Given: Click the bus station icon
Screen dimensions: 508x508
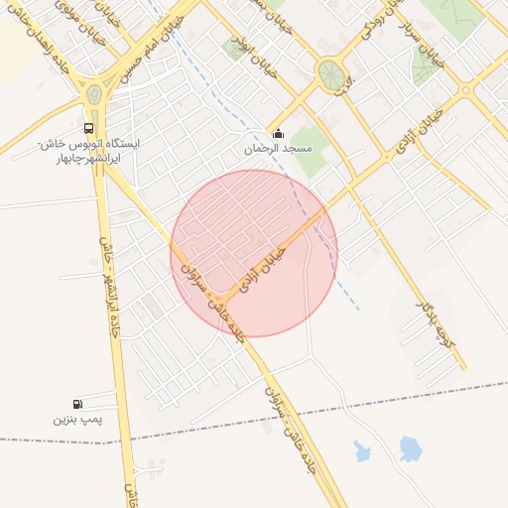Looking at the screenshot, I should coord(90,129).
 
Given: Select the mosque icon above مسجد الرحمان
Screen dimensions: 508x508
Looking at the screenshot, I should coord(278,134).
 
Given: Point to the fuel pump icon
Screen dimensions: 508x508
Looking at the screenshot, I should coord(78,404).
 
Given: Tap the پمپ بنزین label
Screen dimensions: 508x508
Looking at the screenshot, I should coord(78,420).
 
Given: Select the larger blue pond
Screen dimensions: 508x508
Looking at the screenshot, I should coord(410,448).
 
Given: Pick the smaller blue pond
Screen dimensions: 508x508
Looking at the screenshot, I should coord(362,452).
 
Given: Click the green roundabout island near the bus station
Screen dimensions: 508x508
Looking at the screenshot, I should coord(94,95).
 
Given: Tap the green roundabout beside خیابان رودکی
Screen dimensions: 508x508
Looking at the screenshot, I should coord(329,71).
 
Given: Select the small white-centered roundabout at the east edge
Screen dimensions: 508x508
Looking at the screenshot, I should coord(465,90).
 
